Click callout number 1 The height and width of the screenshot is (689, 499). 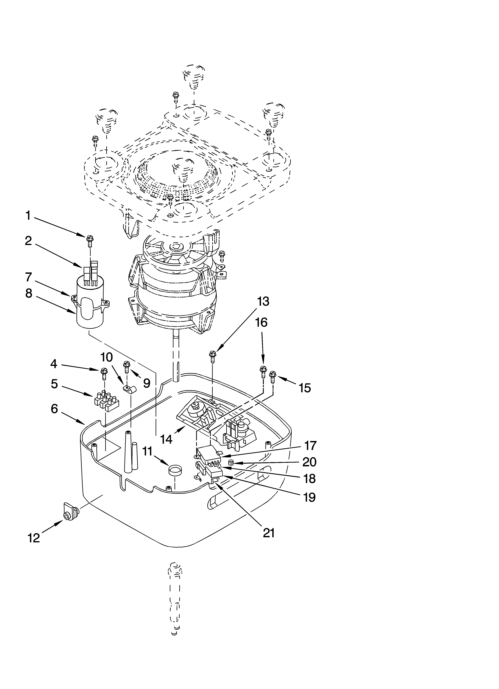coord(28,216)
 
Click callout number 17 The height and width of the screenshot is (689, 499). coord(310,446)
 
